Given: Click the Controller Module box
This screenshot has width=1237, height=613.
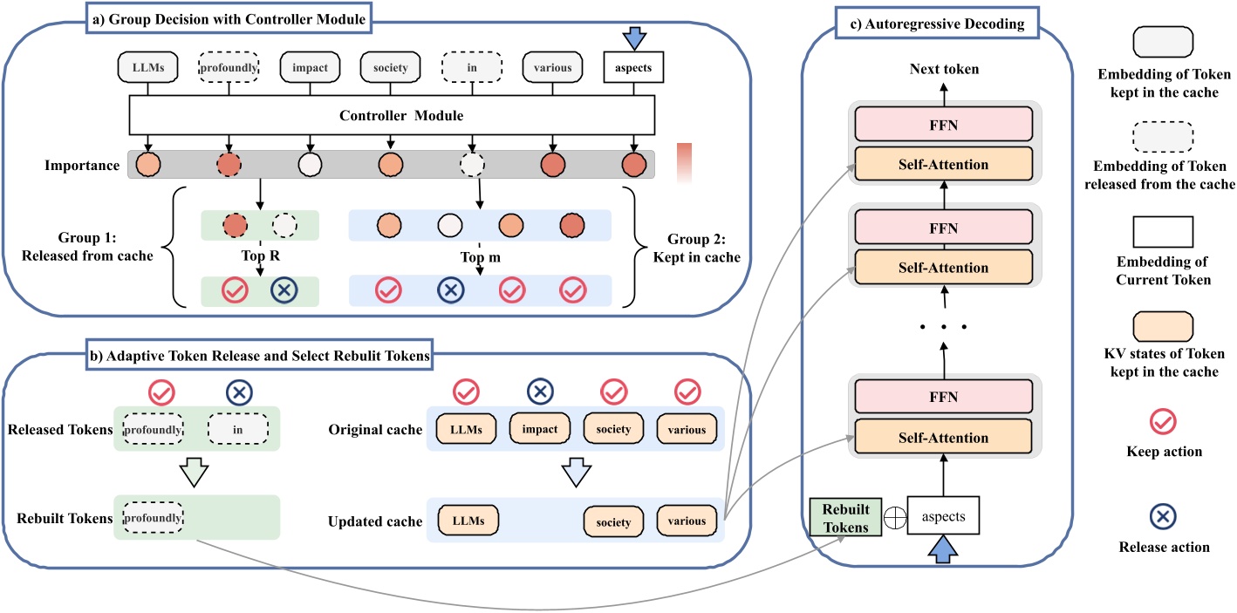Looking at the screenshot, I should (x=389, y=115).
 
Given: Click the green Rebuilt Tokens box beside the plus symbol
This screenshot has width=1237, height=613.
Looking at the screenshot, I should (x=841, y=516).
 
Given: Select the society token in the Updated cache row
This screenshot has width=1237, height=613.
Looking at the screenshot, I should (x=613, y=521).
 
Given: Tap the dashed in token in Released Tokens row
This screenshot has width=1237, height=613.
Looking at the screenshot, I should (x=237, y=430).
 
